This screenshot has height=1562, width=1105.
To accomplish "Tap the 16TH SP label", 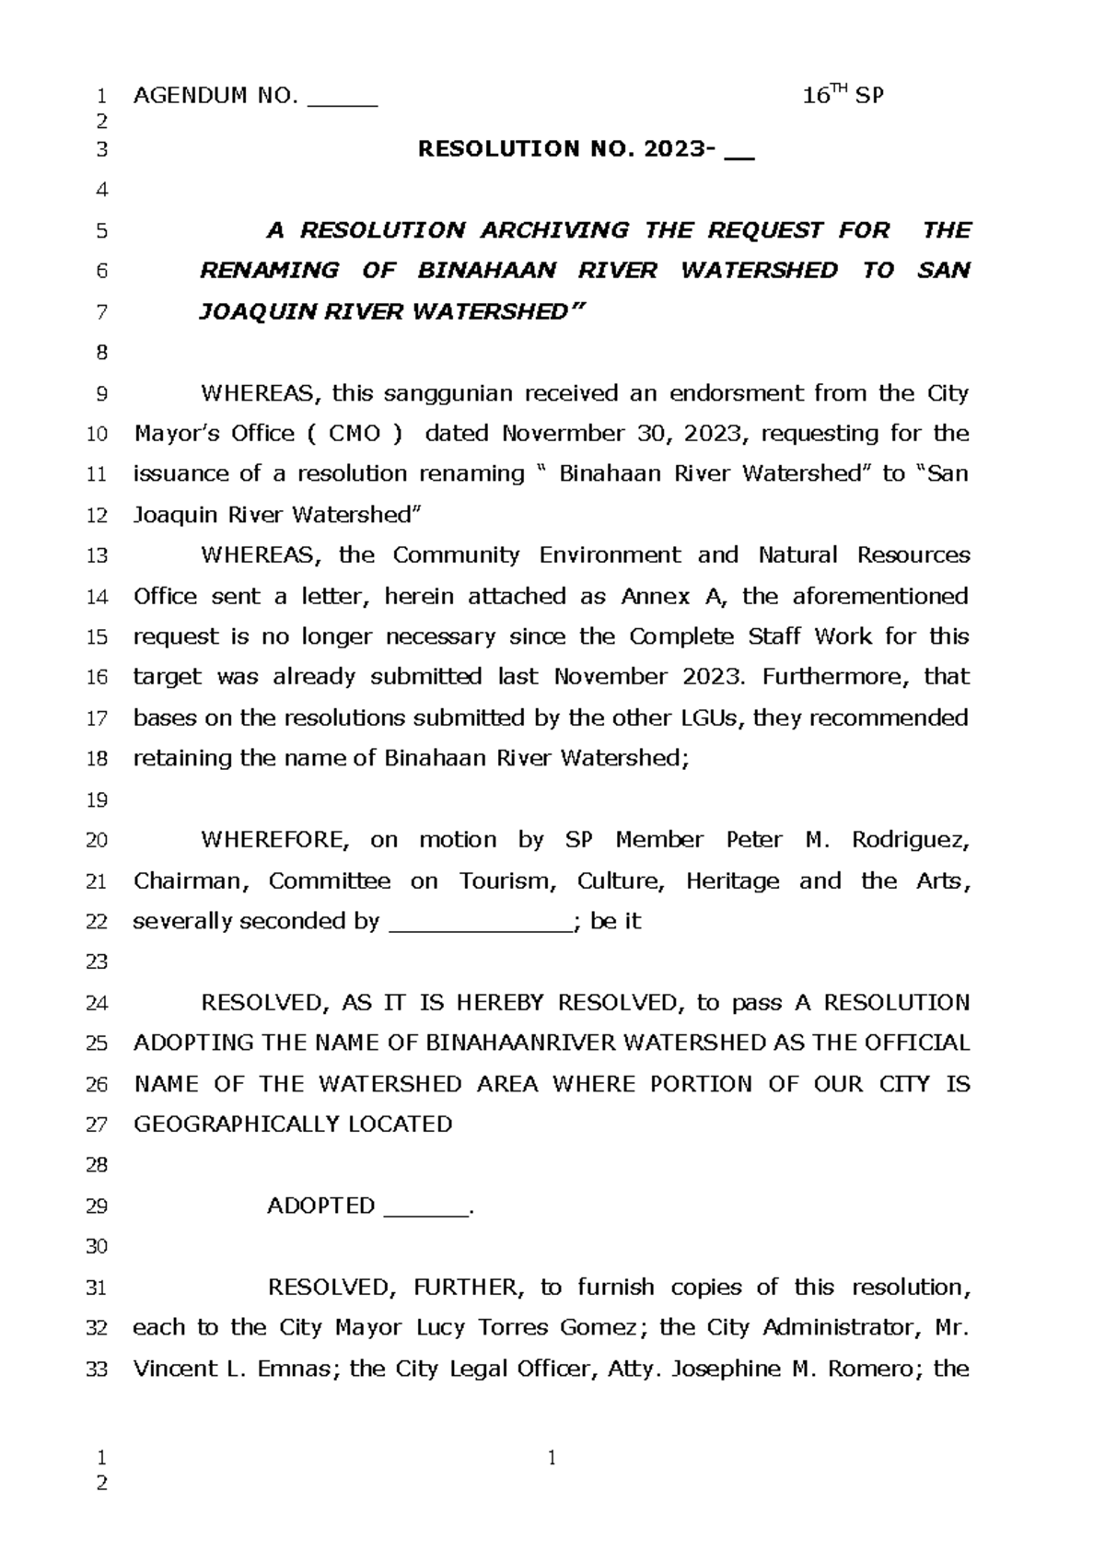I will pos(843,95).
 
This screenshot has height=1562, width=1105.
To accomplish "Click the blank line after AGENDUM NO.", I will pos(343,99).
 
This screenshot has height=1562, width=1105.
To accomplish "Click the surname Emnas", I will pos(299,1370).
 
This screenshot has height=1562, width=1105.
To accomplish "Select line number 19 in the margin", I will pos(97,800).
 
